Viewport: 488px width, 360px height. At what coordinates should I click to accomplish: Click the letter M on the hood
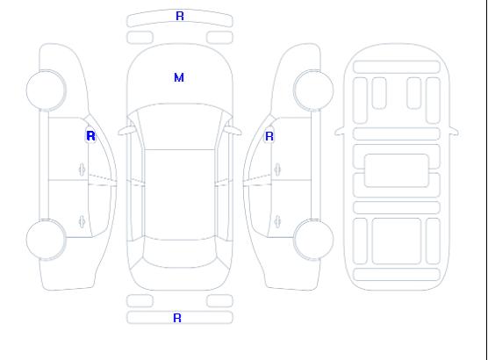click(x=179, y=77)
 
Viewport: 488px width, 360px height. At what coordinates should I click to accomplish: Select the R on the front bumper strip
click(x=180, y=16)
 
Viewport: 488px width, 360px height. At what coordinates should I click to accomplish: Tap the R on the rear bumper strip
click(x=177, y=318)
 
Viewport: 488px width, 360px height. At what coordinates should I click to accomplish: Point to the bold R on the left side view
click(x=90, y=136)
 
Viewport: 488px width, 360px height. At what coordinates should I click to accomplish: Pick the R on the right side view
click(x=269, y=136)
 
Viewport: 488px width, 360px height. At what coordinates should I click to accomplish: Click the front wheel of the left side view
click(x=46, y=90)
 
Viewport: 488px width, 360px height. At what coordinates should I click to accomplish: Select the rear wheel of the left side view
click(x=46, y=240)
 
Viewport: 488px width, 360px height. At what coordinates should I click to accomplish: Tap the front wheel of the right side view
click(x=313, y=90)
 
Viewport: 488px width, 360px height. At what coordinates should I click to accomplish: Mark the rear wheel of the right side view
click(x=313, y=240)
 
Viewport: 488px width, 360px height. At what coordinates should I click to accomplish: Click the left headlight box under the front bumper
click(x=140, y=38)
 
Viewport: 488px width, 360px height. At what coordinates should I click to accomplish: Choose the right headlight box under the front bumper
click(x=219, y=38)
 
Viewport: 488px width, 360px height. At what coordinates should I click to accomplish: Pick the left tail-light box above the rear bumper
click(x=140, y=301)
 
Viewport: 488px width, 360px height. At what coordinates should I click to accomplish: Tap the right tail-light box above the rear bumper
click(x=219, y=301)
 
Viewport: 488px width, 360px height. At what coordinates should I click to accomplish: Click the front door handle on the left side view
click(x=82, y=169)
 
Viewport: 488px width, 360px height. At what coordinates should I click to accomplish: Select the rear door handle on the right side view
click(x=277, y=222)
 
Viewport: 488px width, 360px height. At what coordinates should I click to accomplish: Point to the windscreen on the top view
click(x=180, y=126)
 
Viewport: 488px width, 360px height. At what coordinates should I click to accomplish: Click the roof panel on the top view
click(x=180, y=195)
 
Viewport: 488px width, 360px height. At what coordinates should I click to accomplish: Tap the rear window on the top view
click(x=180, y=252)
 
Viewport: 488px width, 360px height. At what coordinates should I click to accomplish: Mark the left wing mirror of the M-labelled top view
click(x=126, y=132)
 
